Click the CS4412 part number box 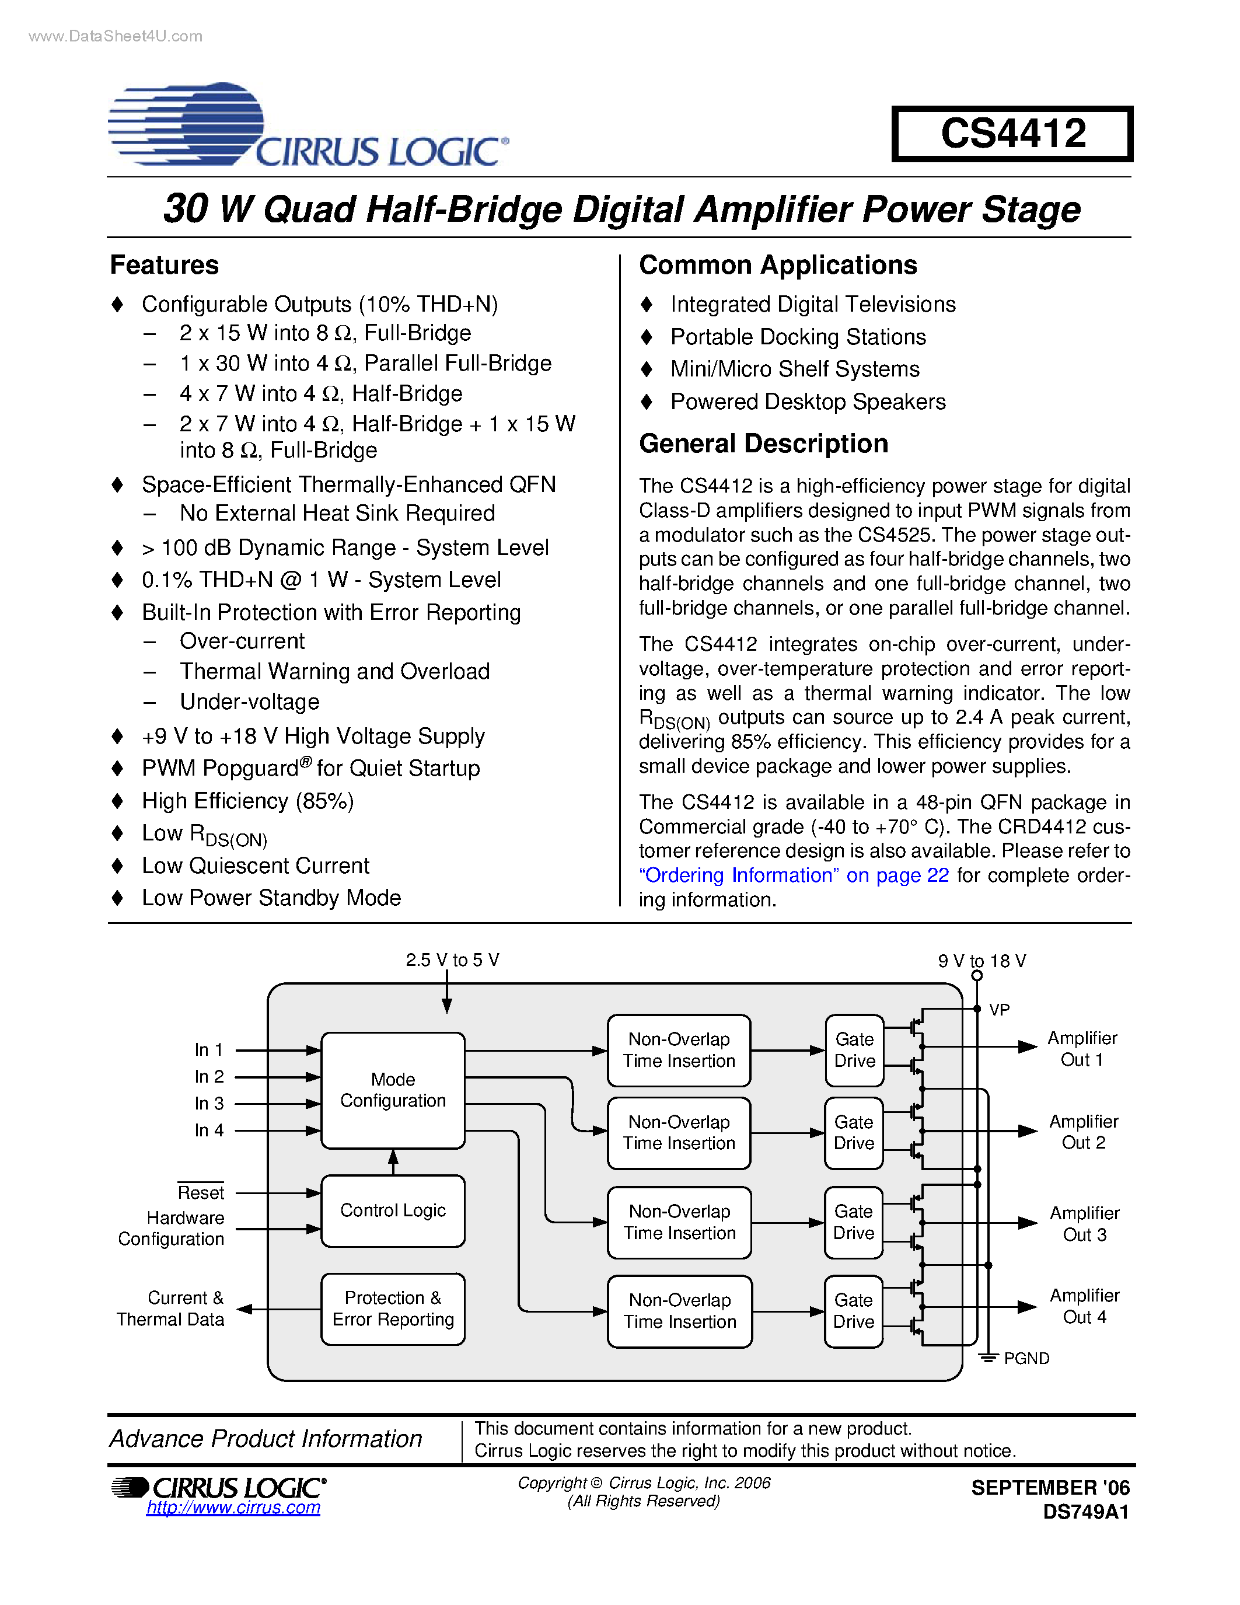coord(1012,134)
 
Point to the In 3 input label coord(209,1104)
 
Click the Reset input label coord(201,1192)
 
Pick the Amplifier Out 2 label coord(1083,1132)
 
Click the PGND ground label coord(1026,1359)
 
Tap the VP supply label coord(999,1010)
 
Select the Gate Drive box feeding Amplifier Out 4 coord(854,1311)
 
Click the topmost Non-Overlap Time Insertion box coord(679,1050)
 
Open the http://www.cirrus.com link coord(233,1508)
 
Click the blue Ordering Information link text coord(794,875)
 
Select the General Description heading coord(763,444)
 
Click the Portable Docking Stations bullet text coord(798,337)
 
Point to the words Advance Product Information coord(266,1438)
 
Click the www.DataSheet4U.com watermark coord(116,36)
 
